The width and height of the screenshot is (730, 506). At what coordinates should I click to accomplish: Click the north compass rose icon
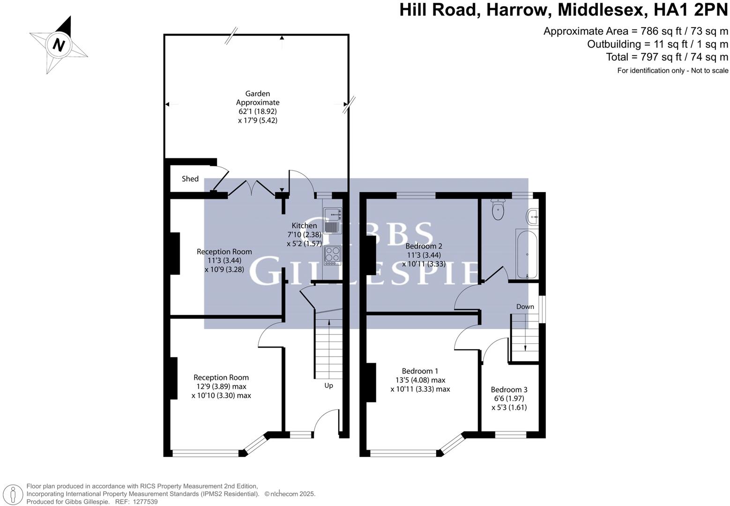(x=59, y=45)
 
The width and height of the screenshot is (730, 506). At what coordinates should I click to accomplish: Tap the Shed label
(x=190, y=179)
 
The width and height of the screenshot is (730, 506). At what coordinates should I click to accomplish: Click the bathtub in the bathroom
(x=527, y=253)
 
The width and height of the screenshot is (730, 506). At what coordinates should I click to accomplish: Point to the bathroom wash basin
(x=533, y=216)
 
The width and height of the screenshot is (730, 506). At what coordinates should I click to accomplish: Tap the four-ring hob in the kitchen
(x=332, y=255)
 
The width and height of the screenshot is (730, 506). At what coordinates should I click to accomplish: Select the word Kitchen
(x=304, y=225)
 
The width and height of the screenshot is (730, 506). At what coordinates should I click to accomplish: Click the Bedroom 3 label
(x=509, y=389)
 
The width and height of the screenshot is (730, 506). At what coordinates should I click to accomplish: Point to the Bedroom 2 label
(x=424, y=246)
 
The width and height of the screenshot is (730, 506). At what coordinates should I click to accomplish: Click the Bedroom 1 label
(x=420, y=371)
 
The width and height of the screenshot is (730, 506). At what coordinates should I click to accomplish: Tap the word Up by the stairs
(x=328, y=386)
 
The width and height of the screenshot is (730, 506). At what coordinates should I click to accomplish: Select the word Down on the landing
(x=525, y=307)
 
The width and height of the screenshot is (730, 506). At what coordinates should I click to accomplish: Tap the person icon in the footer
(x=14, y=494)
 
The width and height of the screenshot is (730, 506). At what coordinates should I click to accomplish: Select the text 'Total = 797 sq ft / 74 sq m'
(x=667, y=57)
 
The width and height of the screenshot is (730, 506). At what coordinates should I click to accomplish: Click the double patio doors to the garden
(x=251, y=188)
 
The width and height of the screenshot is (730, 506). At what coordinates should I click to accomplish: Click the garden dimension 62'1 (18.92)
(x=258, y=112)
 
